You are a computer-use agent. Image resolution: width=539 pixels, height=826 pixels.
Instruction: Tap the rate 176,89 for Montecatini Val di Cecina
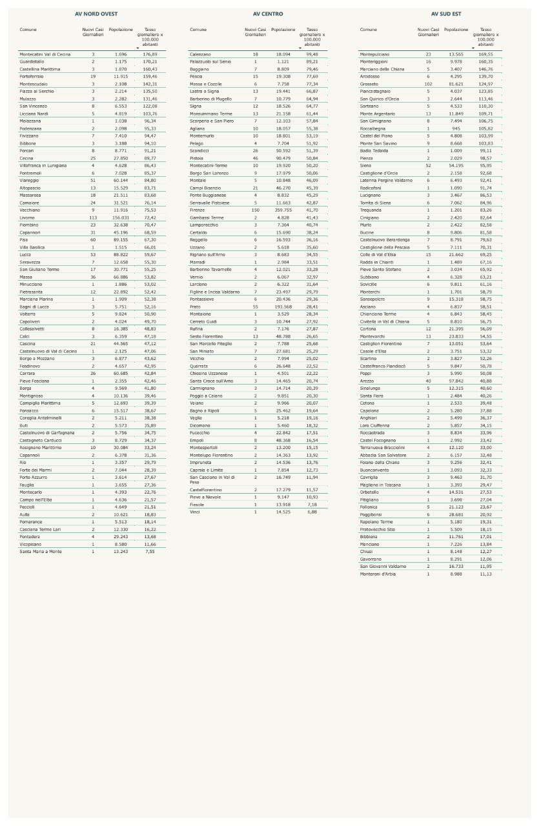click(x=150, y=54)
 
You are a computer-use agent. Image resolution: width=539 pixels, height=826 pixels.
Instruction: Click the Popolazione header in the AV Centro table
click(x=283, y=30)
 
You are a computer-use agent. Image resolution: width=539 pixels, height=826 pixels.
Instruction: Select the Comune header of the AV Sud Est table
click(x=368, y=30)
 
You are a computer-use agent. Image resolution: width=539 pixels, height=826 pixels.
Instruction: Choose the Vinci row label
click(x=194, y=512)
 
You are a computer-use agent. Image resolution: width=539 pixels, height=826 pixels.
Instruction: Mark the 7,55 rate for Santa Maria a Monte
click(x=150, y=551)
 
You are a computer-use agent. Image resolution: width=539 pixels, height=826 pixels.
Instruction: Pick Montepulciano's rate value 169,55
click(x=485, y=54)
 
